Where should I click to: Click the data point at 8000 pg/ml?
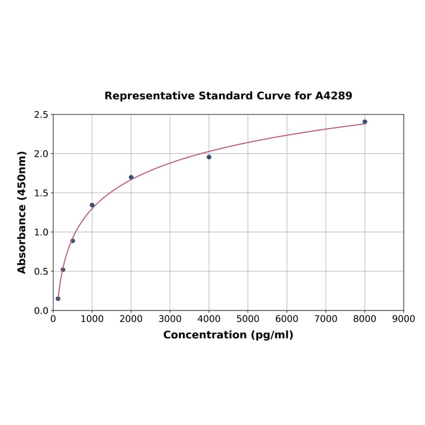[x=365, y=122]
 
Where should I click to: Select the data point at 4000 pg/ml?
[x=209, y=157]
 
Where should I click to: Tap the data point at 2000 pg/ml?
[x=131, y=177]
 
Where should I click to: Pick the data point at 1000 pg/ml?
[x=92, y=205]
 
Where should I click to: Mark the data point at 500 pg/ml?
[x=73, y=241]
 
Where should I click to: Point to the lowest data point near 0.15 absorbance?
[x=58, y=299]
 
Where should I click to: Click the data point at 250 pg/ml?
[x=63, y=270]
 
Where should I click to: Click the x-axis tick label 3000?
[x=170, y=319]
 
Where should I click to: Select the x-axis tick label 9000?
[x=404, y=319]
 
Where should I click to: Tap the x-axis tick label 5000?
[x=248, y=319]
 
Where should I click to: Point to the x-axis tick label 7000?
[x=326, y=319]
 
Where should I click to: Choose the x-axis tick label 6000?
[x=287, y=319]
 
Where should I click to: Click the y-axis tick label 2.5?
[x=42, y=115]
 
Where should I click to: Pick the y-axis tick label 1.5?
[x=42, y=193]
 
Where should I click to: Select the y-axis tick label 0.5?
[x=42, y=271]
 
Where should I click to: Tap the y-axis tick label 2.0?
[x=42, y=154]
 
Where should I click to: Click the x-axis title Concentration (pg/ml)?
[x=228, y=335]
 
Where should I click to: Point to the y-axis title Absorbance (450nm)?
[x=22, y=212]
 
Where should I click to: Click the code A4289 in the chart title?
[x=334, y=96]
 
